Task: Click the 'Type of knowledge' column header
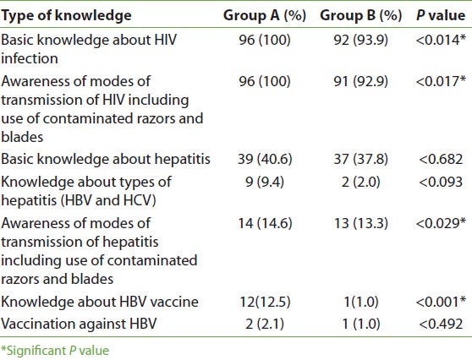66,16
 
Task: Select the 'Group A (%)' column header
265,16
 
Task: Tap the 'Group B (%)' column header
361,16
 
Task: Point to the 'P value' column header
441,15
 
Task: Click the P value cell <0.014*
441,40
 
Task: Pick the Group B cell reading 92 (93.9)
361,41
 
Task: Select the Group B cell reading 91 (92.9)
361,81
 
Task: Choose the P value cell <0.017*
441,81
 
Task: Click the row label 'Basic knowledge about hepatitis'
106,159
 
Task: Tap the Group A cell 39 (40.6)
265,159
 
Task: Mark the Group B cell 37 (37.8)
361,159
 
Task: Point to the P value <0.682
441,159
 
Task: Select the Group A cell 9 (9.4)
265,183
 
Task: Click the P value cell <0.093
441,182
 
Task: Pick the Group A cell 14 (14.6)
265,223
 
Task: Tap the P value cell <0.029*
441,223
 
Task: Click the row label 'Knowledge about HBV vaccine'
100,302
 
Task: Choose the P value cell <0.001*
441,302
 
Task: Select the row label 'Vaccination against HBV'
79,325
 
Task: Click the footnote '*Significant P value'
55,351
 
